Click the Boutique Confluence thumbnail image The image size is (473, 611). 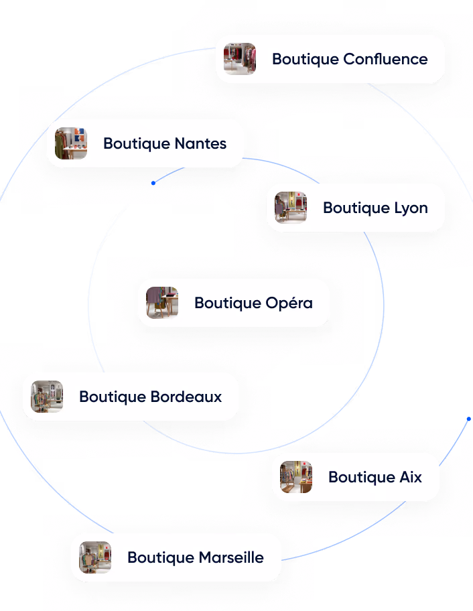tap(240, 59)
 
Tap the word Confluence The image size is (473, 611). tap(385, 59)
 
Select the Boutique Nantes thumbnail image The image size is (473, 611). tap(71, 143)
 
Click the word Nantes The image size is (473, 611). tap(200, 143)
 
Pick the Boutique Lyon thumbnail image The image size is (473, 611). tap(291, 207)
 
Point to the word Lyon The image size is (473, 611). tap(411, 208)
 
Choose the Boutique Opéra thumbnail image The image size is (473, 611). tap(162, 303)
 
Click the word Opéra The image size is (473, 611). tap(289, 303)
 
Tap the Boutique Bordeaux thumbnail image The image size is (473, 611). tap(47, 397)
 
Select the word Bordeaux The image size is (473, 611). tap(186, 397)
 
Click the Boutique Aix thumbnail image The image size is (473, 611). tap(296, 477)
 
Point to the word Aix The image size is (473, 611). tap(411, 477)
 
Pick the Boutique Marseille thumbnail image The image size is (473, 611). tap(95, 557)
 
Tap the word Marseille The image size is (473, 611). tap(231, 557)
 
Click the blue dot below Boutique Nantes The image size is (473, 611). tap(153, 183)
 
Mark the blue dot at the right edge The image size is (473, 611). tap(469, 419)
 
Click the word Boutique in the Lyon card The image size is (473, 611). tap(356, 208)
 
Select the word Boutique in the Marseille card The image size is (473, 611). tap(161, 557)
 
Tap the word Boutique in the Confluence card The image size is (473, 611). tap(306, 60)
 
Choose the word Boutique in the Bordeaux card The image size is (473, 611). tap(113, 397)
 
